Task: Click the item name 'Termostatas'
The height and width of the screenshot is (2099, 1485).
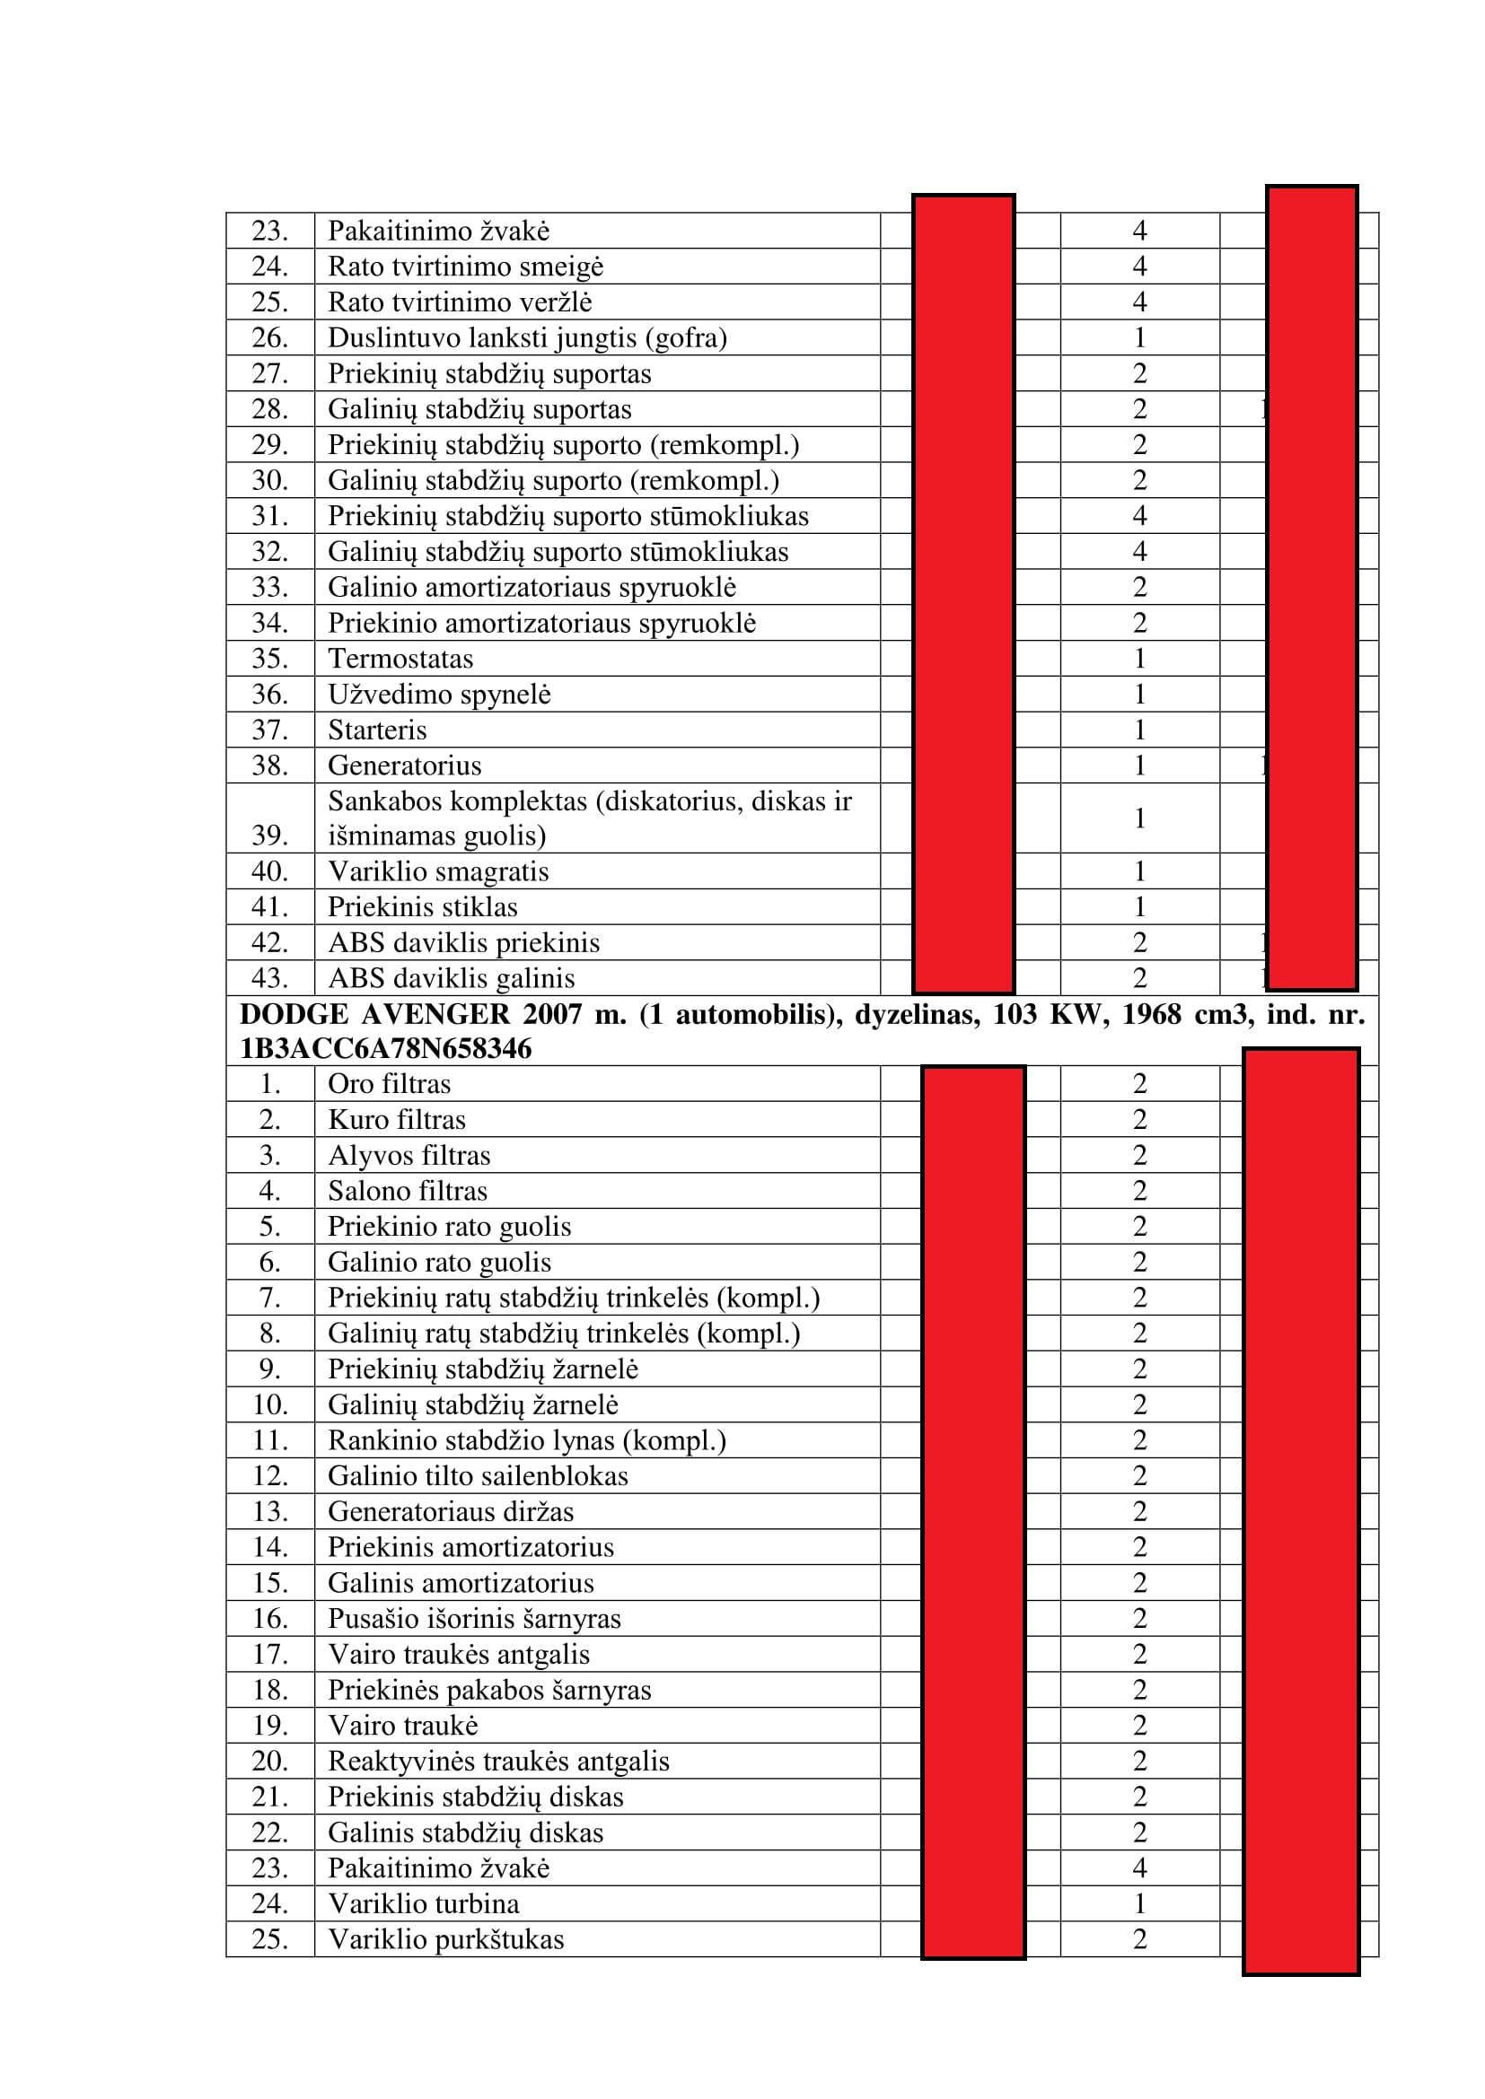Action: coord(400,658)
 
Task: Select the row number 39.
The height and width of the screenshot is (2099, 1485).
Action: coord(269,835)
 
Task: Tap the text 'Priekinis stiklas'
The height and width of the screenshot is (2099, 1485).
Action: coord(423,907)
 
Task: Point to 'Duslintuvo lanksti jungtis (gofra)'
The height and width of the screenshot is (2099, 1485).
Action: coord(528,337)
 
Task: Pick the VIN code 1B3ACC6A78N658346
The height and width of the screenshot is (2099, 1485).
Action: coord(385,1047)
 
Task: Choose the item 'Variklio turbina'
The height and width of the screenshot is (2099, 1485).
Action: coord(424,1903)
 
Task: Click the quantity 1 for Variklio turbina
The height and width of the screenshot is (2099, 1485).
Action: coord(1139,1903)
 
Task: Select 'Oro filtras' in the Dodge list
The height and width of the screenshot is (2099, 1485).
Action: coord(390,1083)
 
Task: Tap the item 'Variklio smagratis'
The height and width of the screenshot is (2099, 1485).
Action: coord(438,871)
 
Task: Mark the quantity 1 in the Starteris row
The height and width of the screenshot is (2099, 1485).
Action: coord(1139,730)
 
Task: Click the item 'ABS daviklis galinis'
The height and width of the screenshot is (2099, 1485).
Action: coord(452,978)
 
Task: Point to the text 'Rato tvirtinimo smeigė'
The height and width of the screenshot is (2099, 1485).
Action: coord(465,266)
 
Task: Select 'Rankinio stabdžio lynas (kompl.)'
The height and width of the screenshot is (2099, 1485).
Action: coord(527,1439)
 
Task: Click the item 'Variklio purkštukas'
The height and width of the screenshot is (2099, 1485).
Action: coord(446,1939)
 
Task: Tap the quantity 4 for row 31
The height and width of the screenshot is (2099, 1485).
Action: coord(1139,516)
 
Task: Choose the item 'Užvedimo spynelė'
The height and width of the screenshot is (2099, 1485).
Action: coord(439,694)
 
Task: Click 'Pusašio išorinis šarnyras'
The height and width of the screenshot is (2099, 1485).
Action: coord(475,1618)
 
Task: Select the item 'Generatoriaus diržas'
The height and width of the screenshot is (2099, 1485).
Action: coord(451,1511)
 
